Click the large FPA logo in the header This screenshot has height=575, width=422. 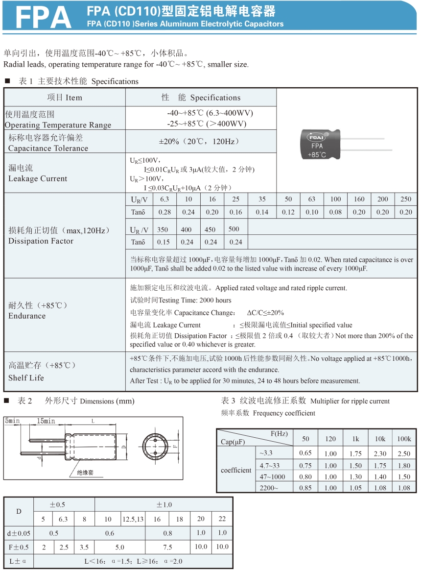44,17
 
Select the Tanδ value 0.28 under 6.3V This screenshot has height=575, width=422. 164,212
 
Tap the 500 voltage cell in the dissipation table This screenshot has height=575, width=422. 234,229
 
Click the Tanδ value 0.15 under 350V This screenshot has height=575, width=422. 163,242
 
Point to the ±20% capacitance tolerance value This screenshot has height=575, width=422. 199,141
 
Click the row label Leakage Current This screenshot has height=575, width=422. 38,178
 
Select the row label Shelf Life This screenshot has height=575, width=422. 26,378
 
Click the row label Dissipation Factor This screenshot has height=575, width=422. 41,241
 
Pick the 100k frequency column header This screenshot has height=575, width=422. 404,439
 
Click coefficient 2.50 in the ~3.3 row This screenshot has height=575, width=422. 404,454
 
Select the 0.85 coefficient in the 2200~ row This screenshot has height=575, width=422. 305,488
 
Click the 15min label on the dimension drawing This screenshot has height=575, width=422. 46,421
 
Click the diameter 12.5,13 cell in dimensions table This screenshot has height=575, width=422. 133,519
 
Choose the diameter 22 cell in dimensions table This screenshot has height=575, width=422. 222,519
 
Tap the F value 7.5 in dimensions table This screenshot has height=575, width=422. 167,547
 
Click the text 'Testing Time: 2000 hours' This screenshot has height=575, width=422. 181,300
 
